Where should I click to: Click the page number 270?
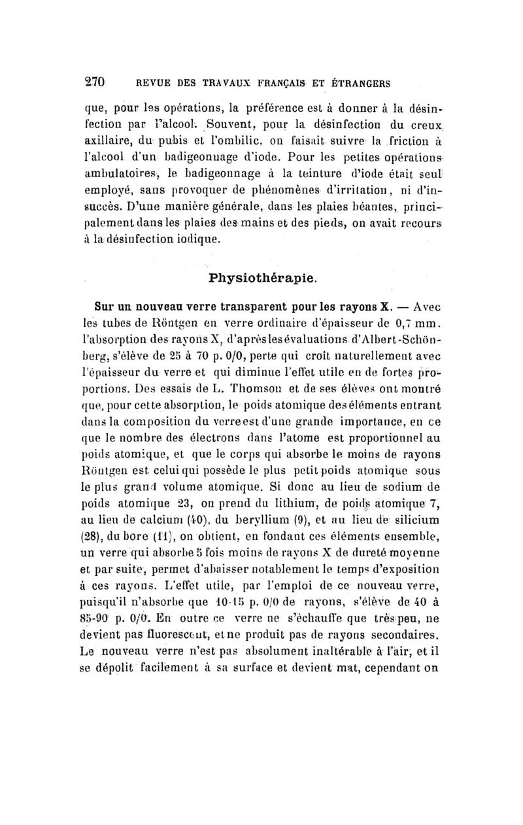(97, 83)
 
